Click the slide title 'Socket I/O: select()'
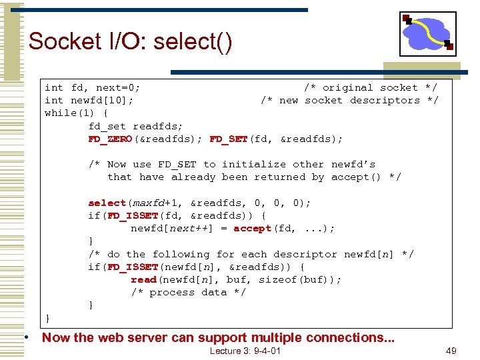click(x=131, y=42)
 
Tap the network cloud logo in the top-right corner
click(x=427, y=33)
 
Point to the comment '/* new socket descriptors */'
click(x=349, y=100)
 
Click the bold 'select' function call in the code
click(x=107, y=203)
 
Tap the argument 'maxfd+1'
click(x=156, y=203)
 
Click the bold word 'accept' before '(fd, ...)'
click(x=252, y=228)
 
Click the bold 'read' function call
click(x=143, y=279)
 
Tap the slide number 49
click(x=451, y=351)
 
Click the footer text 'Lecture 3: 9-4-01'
click(x=245, y=351)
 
